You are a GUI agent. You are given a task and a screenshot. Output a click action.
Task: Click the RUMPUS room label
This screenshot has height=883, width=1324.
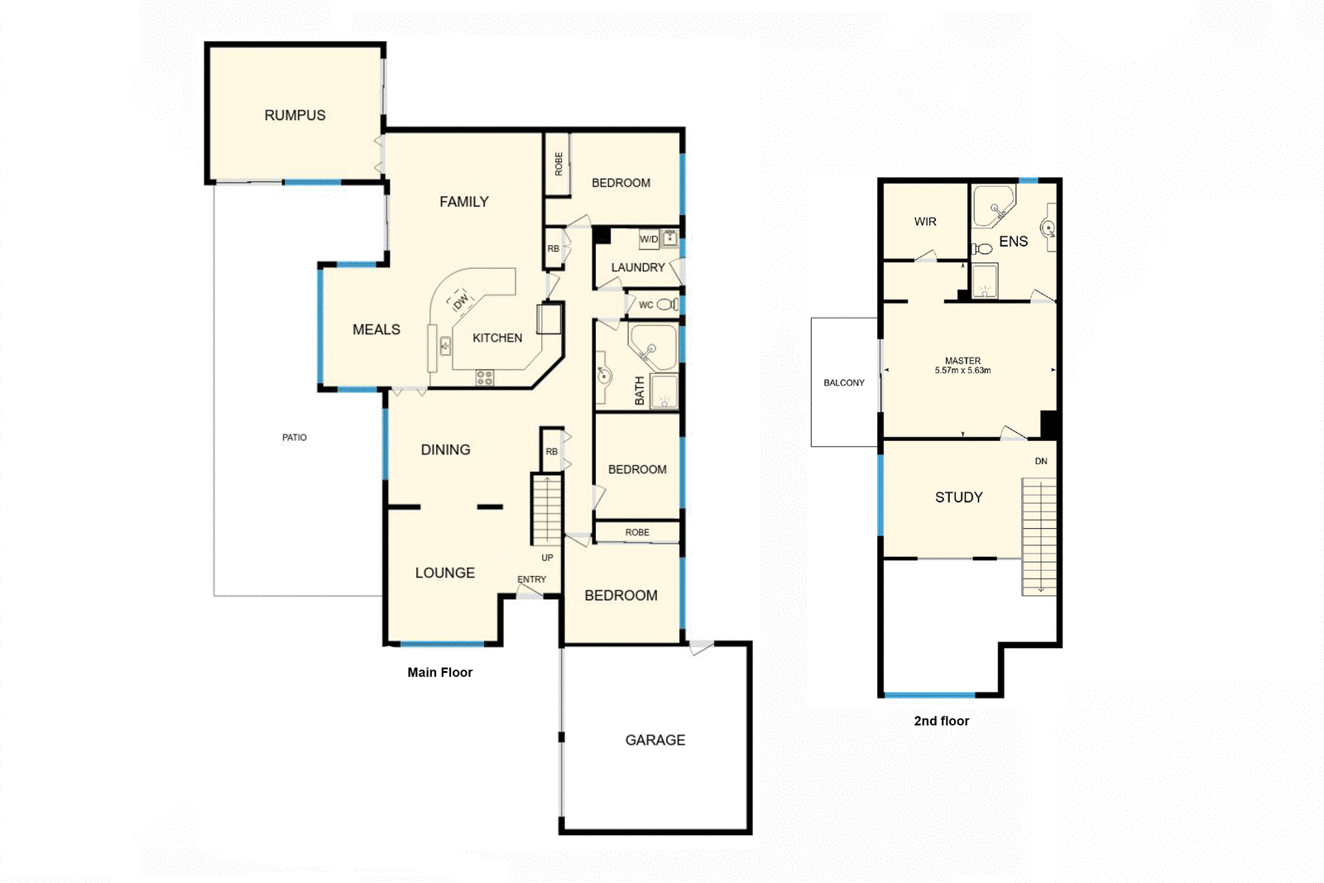[295, 116]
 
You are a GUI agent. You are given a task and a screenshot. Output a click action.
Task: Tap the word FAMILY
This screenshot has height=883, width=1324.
[463, 202]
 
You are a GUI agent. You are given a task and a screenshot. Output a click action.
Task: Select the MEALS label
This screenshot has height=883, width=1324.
[376, 329]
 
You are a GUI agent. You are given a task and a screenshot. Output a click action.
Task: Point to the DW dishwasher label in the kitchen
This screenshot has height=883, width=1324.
[461, 301]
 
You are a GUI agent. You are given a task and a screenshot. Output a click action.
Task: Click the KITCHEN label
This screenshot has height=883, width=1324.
[496, 338]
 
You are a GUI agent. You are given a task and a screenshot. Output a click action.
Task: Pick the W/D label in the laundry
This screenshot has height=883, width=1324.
[649, 239]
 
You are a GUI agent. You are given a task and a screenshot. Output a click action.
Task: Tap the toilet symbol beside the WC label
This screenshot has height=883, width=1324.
[665, 305]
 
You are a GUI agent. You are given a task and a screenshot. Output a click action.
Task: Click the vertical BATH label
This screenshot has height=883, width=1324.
[640, 391]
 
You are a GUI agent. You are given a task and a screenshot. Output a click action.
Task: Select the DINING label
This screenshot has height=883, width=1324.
[445, 450]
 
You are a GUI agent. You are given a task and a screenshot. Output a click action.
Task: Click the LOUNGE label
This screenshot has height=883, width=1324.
[444, 573]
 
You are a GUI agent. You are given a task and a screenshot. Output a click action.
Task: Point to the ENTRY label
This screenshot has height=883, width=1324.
[531, 579]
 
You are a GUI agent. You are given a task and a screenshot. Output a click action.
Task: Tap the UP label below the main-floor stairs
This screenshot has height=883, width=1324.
[547, 558]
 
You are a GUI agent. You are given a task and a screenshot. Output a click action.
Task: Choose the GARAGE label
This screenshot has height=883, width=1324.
[655, 740]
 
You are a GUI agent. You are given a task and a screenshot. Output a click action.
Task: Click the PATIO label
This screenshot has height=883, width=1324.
[294, 437]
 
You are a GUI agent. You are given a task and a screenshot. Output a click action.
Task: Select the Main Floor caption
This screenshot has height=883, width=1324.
[439, 672]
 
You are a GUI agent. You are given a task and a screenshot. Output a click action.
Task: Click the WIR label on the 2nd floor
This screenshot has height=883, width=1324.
[925, 222]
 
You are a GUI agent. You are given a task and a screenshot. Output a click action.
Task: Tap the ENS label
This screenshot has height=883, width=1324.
[1013, 242]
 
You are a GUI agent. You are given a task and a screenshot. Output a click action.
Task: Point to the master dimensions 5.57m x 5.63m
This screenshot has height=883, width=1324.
[962, 371]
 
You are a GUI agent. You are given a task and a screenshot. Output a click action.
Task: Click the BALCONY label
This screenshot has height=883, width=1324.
[843, 382]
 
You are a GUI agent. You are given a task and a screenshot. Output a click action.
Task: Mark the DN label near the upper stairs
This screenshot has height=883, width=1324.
[1040, 461]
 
